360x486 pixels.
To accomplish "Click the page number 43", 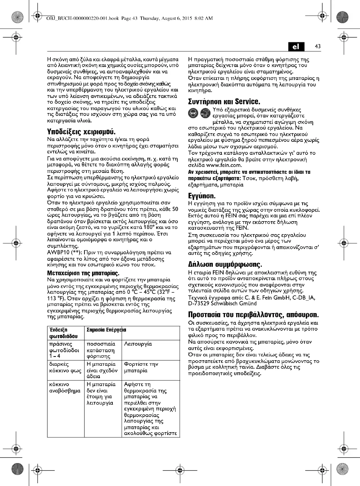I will (318, 46).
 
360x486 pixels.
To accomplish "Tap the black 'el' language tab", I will (296, 47).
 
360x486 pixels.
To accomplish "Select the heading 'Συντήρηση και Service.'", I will (224, 102).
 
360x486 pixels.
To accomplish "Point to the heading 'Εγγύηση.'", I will (202, 196).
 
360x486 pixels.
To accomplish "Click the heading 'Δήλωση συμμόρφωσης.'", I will (225, 265).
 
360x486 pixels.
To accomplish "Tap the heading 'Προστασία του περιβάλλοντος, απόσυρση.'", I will (253, 315).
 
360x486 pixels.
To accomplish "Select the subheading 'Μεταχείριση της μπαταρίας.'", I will (83, 273).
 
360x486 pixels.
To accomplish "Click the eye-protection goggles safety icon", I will (193, 113).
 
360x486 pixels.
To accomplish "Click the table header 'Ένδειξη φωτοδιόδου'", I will (63, 333).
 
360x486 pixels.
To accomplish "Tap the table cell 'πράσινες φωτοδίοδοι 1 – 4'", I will (64, 350).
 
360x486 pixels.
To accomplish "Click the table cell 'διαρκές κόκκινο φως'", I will (65, 367).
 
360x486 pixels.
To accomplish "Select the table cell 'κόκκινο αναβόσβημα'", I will (65, 388).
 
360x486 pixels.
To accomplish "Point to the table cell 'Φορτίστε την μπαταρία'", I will (141, 367).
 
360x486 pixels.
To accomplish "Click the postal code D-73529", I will (198, 304).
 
